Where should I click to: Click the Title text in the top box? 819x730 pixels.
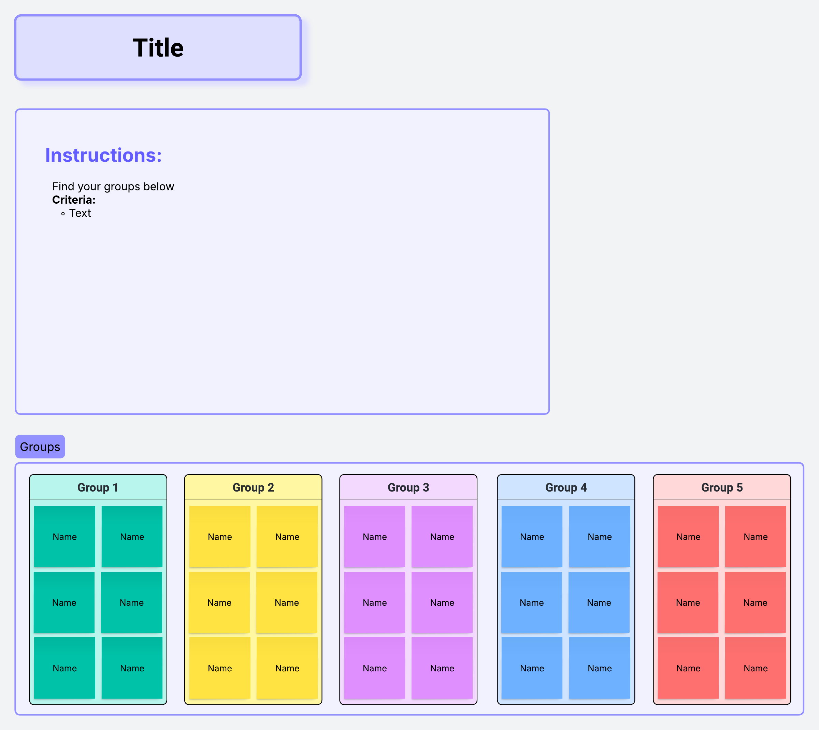click(158, 48)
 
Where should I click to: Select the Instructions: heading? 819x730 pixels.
click(103, 155)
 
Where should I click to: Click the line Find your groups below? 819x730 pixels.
click(113, 187)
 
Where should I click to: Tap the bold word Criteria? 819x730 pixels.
click(74, 200)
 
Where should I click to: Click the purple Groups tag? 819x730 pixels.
click(40, 447)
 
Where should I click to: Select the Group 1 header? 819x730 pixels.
click(98, 487)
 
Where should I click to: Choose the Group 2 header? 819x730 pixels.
click(253, 487)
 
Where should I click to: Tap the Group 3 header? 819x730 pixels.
click(408, 487)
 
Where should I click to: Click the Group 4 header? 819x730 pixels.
click(566, 487)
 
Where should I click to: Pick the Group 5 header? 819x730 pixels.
click(722, 487)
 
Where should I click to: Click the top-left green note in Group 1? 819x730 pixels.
click(64, 536)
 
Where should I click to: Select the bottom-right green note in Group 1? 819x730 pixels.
click(132, 668)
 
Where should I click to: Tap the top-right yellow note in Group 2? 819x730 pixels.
click(287, 536)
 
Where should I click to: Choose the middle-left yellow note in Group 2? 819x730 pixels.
click(219, 602)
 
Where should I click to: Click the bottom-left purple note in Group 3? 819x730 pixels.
click(375, 668)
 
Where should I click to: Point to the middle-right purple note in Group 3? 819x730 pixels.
click(442, 602)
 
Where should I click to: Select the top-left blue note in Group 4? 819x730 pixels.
click(532, 536)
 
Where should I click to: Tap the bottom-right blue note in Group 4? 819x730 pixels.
click(600, 668)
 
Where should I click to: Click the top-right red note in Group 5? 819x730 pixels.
click(756, 536)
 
